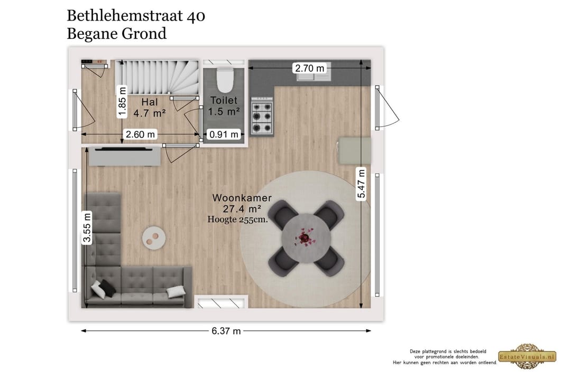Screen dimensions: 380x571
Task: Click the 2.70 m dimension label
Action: pos(310,68)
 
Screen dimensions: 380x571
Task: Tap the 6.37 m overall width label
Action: pos(226,331)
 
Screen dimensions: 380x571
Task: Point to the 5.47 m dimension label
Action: pos(362,184)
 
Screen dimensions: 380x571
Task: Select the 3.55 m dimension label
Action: pos(87,228)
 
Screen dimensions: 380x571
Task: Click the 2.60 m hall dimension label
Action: pos(141,134)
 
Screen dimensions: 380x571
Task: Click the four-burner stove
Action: pos(261,116)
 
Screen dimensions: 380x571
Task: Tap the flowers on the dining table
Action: pos(305,237)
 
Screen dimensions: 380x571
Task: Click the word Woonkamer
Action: pos(242,198)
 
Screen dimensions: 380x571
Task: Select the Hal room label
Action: pos(150,101)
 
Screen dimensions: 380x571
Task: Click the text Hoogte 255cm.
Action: pos(237,220)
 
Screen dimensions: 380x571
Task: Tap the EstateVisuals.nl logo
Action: pos(527,356)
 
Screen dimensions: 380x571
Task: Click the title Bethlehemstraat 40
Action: pos(136,16)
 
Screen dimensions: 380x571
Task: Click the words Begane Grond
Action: pos(116,33)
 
